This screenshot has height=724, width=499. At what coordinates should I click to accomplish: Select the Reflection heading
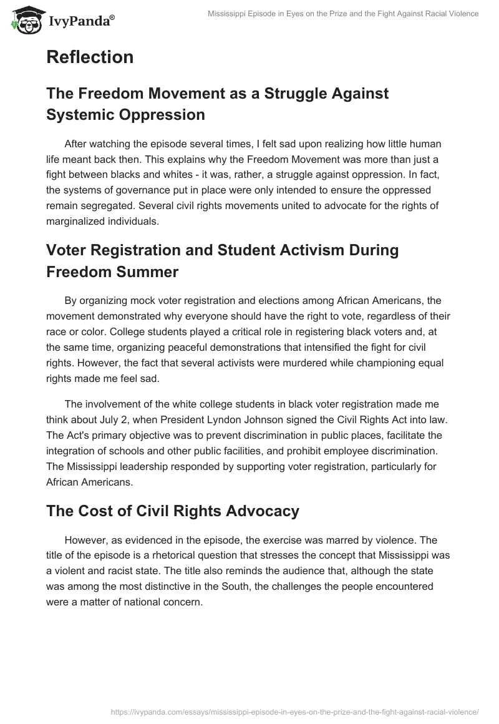point(90,57)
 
